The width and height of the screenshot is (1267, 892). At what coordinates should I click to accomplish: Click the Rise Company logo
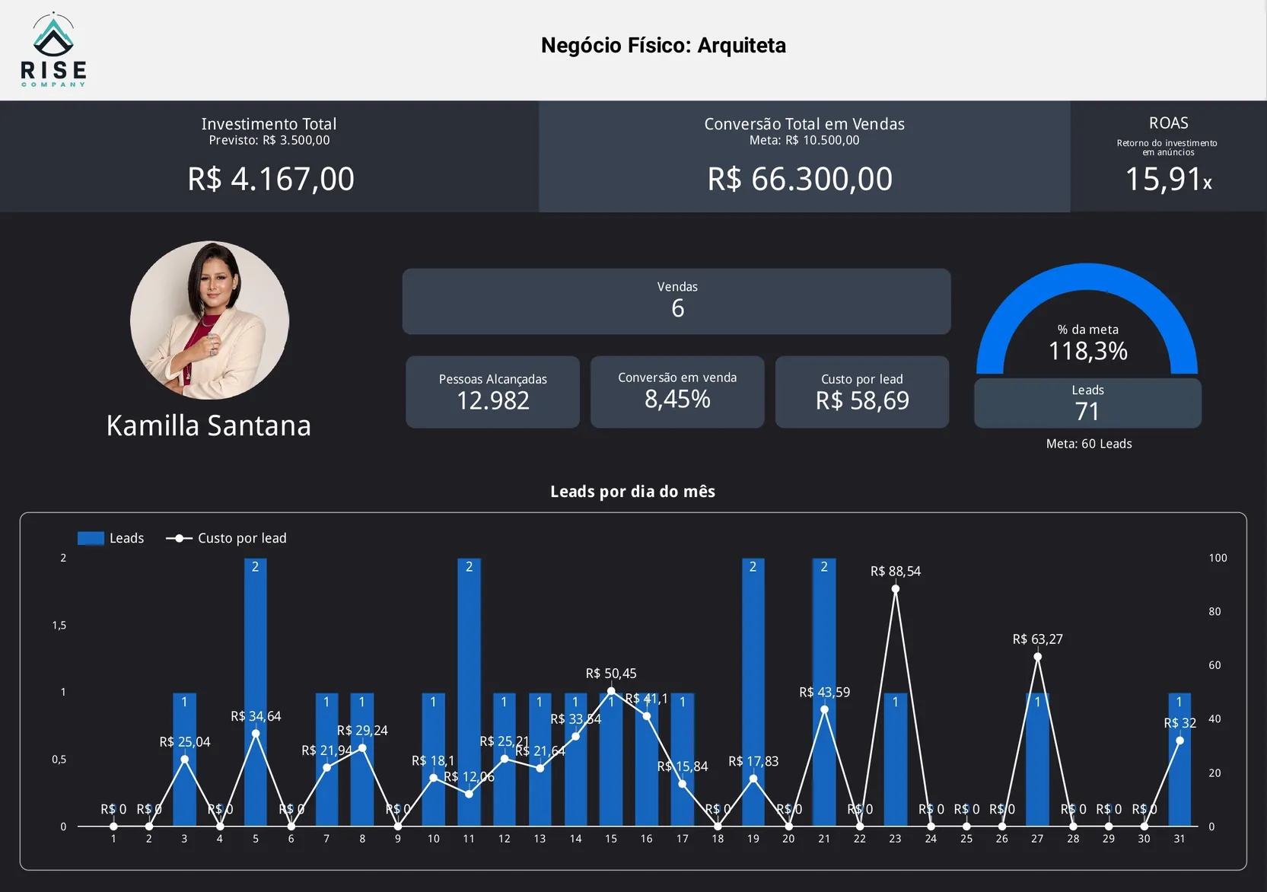point(53,50)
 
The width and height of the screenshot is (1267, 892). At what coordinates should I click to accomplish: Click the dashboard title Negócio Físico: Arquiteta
point(663,46)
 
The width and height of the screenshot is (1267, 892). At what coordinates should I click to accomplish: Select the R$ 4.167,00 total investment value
point(271,180)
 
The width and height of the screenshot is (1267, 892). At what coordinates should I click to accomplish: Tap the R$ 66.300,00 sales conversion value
point(800,180)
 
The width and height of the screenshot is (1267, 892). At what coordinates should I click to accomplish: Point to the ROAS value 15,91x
point(1167,180)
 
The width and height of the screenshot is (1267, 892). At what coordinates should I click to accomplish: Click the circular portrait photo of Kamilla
point(209,320)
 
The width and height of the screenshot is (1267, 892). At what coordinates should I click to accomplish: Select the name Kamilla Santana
point(209,425)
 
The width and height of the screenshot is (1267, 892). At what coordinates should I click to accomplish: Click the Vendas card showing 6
point(676,301)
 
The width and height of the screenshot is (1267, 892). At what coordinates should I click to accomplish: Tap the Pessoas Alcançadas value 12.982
point(492,400)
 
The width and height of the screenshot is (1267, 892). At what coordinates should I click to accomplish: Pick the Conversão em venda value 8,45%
point(677,399)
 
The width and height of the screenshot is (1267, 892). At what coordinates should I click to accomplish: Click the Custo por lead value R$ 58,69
point(862,400)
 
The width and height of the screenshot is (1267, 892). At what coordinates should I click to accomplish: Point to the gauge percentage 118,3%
point(1087,351)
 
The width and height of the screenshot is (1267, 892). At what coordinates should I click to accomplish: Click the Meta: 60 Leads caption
point(1088,444)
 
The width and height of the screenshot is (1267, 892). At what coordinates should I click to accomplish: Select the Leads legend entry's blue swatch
point(91,538)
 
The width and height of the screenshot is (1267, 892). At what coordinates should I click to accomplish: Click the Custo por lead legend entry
point(227,538)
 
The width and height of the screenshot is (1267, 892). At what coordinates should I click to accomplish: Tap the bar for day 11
point(469,693)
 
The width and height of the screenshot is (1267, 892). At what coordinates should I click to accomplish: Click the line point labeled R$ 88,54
point(895,589)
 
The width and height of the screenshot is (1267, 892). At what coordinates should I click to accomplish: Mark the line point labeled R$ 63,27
point(1037,657)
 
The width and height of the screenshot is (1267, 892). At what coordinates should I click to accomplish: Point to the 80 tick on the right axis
point(1214,611)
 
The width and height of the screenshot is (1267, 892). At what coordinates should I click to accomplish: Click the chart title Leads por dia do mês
point(632,492)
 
